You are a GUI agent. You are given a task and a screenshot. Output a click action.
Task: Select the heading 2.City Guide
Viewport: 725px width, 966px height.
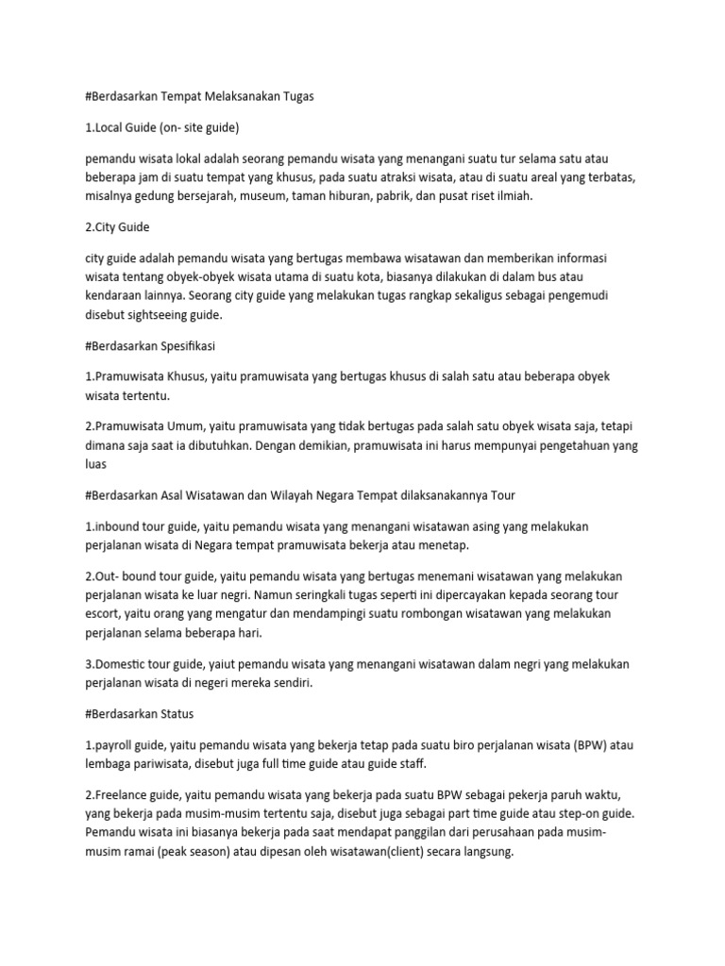point(117,226)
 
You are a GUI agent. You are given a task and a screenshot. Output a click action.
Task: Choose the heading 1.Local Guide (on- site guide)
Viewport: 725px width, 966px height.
point(162,126)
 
